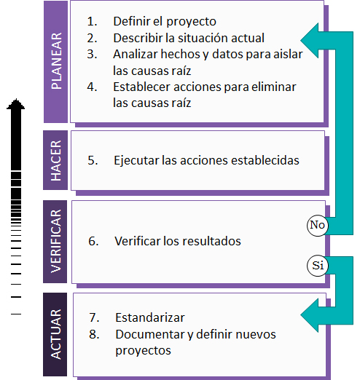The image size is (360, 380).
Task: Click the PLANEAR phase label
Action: pos(55,62)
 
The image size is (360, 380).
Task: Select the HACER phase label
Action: pos(55,160)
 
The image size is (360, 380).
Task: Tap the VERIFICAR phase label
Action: pos(55,242)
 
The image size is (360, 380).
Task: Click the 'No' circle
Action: pos(318,225)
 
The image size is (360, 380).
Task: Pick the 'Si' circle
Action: pos(318,266)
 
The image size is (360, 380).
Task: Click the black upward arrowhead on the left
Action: pos(16,104)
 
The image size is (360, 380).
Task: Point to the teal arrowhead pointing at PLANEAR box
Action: pos(310,41)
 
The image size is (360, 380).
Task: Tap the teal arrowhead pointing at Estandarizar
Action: pos(310,315)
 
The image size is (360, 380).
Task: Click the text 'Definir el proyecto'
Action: pos(165,21)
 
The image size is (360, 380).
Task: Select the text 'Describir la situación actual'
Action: pos(189,38)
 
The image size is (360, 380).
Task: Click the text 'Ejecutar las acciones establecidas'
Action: pos(206,160)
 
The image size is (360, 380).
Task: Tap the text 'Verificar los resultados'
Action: pos(178,241)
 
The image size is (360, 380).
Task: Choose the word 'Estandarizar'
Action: pos(150,317)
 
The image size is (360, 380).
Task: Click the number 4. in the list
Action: pos(92,87)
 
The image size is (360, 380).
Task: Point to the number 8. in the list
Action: pos(94,334)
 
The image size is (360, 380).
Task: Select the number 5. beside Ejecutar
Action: pos(93,161)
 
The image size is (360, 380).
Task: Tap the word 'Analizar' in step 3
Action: pos(136,54)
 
